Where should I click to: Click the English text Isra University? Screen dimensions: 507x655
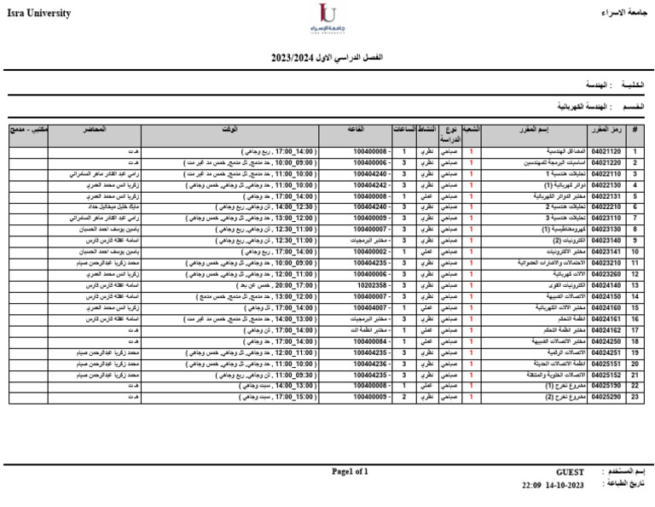(x=37, y=14)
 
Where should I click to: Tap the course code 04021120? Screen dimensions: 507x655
(x=606, y=151)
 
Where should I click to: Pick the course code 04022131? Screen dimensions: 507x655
(x=606, y=195)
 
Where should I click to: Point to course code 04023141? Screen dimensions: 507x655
(x=606, y=252)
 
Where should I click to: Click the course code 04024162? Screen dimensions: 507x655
(x=606, y=329)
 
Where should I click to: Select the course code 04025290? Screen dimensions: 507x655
(x=606, y=396)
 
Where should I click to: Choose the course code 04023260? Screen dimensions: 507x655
(x=606, y=274)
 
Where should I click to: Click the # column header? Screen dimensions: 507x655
(x=635, y=129)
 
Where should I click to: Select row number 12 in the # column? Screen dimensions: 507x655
(x=635, y=274)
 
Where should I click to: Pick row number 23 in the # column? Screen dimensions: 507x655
(x=635, y=396)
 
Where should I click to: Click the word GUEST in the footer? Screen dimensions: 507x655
(x=570, y=471)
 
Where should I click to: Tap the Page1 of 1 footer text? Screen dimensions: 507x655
(x=350, y=471)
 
